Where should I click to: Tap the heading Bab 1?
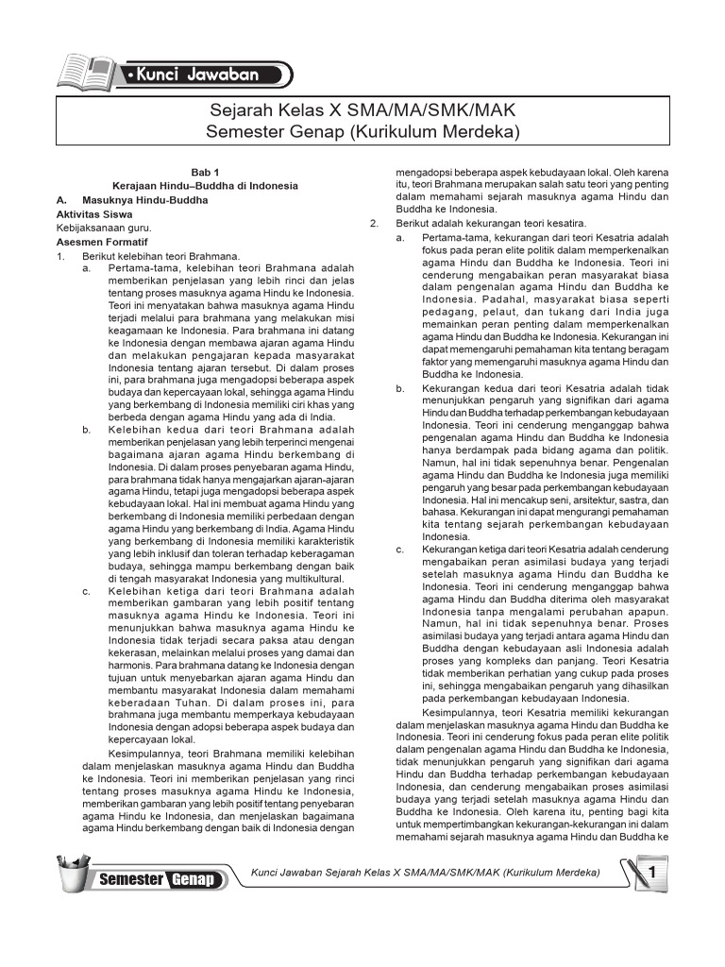205,173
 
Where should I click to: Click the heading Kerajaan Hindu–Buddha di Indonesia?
205,186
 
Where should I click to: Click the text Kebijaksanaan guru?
104,228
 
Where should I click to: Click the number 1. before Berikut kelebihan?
61,255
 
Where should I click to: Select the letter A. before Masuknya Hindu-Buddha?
62,200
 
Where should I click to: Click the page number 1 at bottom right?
650,874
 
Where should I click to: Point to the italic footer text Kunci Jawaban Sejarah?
423,873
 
